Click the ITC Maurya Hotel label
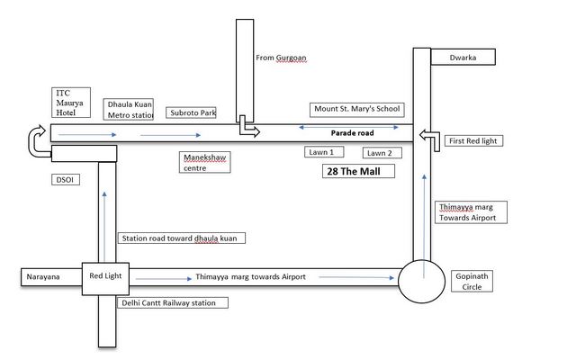pyautogui.click(x=71, y=103)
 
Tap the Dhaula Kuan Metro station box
pyautogui.click(x=129, y=110)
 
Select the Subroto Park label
pyautogui.click(x=191, y=112)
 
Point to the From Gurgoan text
pyautogui.click(x=281, y=58)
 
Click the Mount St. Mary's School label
pyautogui.click(x=357, y=110)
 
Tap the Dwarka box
pyautogui.click(x=463, y=58)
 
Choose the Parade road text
pyautogui.click(x=352, y=133)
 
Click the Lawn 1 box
pyautogui.click(x=324, y=152)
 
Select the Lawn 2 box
pyautogui.click(x=382, y=153)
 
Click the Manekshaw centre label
pyautogui.click(x=205, y=162)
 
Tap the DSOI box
pyautogui.click(x=66, y=180)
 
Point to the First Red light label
pyautogui.click(x=473, y=141)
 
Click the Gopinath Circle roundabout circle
pyautogui.click(x=421, y=260)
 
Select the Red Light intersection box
pyautogui.click(x=105, y=279)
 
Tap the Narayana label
pyautogui.click(x=43, y=277)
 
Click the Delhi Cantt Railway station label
pyautogui.click(x=173, y=303)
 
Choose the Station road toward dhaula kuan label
pyautogui.click(x=182, y=238)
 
